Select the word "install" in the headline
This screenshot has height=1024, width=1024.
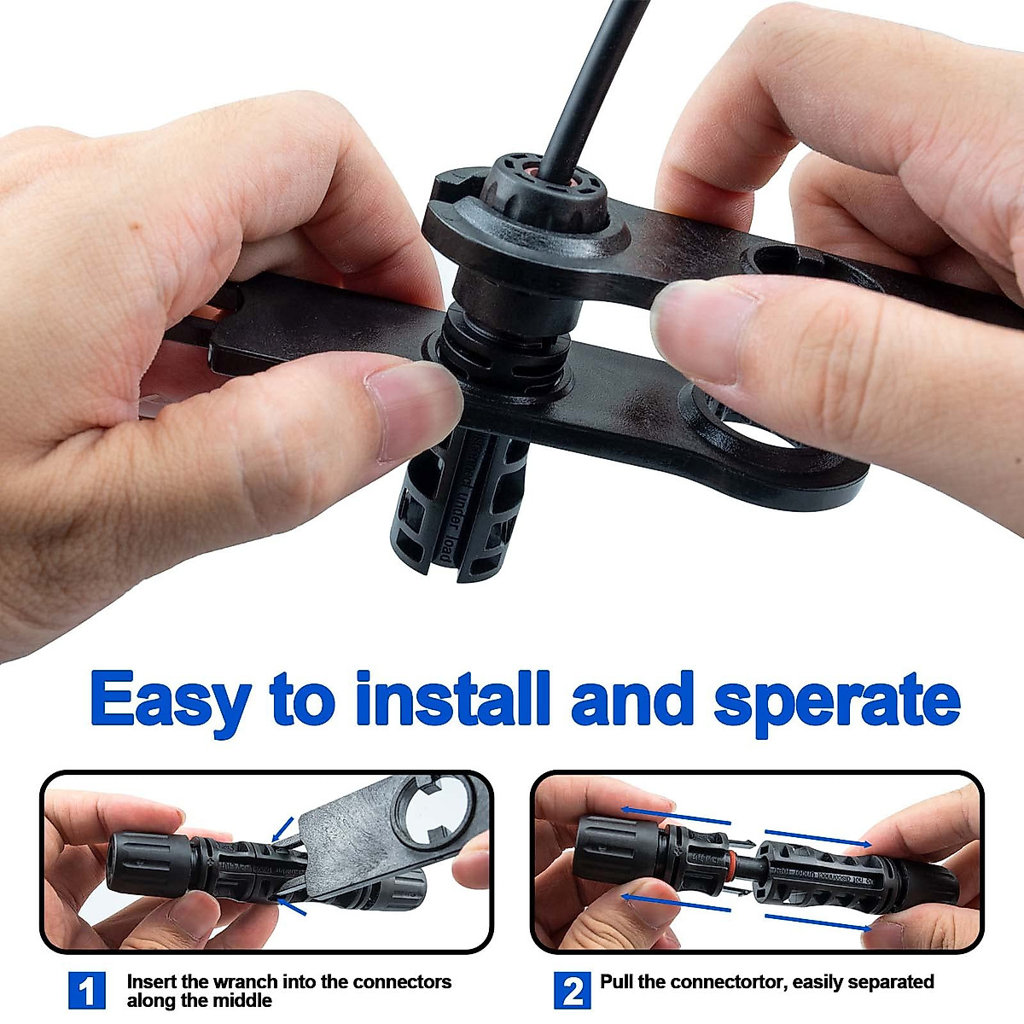(452, 700)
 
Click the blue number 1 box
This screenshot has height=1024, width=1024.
(86, 992)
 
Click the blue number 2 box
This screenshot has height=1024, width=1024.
(573, 992)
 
